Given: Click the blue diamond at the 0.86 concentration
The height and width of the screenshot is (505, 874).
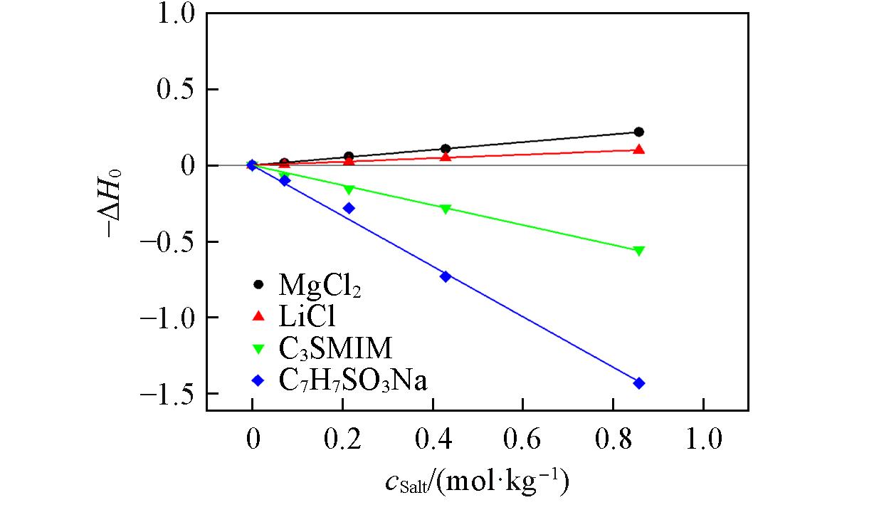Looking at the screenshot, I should (x=638, y=383).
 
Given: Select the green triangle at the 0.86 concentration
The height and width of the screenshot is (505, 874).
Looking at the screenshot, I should (x=638, y=251).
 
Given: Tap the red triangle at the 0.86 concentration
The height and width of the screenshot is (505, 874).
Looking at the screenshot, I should (x=638, y=150).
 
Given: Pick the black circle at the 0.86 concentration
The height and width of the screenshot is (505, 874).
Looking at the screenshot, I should (x=638, y=132).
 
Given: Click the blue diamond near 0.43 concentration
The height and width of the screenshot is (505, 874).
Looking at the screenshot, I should (x=446, y=276).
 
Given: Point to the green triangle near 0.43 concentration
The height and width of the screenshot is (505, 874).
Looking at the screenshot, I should (x=446, y=209).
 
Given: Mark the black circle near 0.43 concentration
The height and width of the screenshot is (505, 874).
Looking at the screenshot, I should (x=446, y=149).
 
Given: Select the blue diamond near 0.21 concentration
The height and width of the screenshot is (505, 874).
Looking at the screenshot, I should (x=349, y=208).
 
